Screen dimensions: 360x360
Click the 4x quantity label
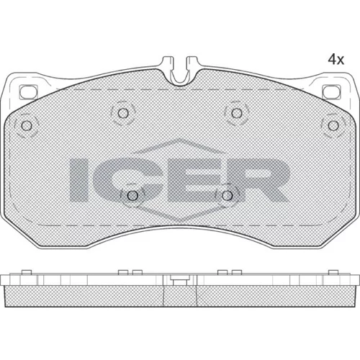336,59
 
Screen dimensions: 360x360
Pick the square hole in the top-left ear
28,91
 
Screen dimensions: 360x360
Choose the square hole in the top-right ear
331,91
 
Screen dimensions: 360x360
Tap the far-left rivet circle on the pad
27,125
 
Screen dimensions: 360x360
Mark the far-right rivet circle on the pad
333,125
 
